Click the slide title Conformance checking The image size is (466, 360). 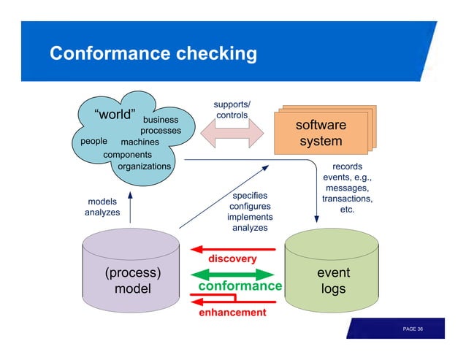pyautogui.click(x=153, y=54)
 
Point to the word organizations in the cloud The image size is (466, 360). pyautogui.click(x=144, y=166)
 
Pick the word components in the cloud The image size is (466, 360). pyautogui.click(x=128, y=155)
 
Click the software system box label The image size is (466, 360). pyautogui.click(x=321, y=133)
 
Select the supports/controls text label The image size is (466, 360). pyautogui.click(x=232, y=110)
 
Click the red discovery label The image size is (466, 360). pyautogui.click(x=233, y=259)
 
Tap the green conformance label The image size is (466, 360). pyautogui.click(x=240, y=286)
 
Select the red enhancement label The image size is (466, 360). pyautogui.click(x=233, y=313)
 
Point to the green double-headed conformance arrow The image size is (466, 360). pyautogui.click(x=232, y=274)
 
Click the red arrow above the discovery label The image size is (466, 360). pyautogui.click(x=232, y=248)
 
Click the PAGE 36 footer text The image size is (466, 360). pyautogui.click(x=413, y=330)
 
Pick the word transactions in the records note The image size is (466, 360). pyautogui.click(x=347, y=199)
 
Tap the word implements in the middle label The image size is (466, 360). pyautogui.click(x=250, y=217)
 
